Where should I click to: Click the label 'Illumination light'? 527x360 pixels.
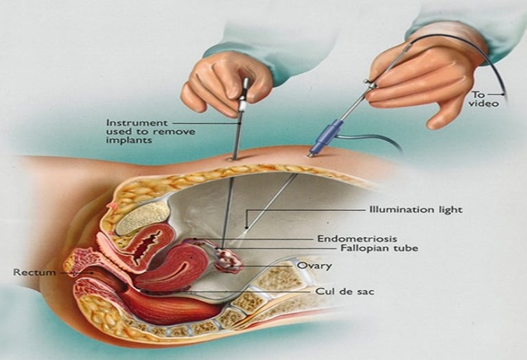point(415,209)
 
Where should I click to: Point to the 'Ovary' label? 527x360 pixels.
point(314,265)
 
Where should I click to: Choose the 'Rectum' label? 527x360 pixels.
point(34,272)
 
